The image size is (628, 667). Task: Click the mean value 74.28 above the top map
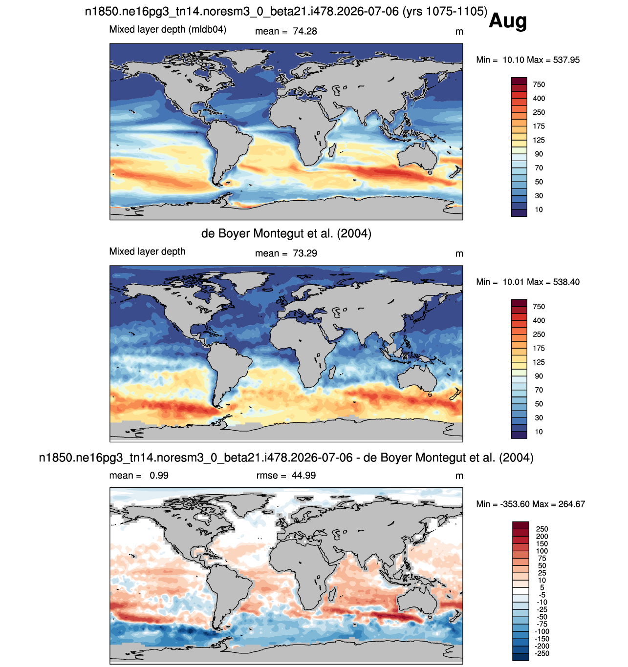point(304,31)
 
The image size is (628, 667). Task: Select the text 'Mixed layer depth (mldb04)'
point(168,30)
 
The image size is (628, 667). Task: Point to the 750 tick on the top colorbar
point(539,84)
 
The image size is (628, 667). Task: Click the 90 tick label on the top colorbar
point(539,154)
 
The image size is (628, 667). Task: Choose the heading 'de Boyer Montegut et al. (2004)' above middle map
point(286,233)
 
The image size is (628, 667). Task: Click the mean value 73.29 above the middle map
point(304,253)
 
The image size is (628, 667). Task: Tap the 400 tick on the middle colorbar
point(539,320)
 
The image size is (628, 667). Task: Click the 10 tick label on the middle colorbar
point(539,432)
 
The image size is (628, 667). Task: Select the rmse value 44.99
point(303,475)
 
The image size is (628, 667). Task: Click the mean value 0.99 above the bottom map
point(159,475)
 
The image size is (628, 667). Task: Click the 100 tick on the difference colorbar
point(541,551)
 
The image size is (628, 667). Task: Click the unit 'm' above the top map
point(459,32)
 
